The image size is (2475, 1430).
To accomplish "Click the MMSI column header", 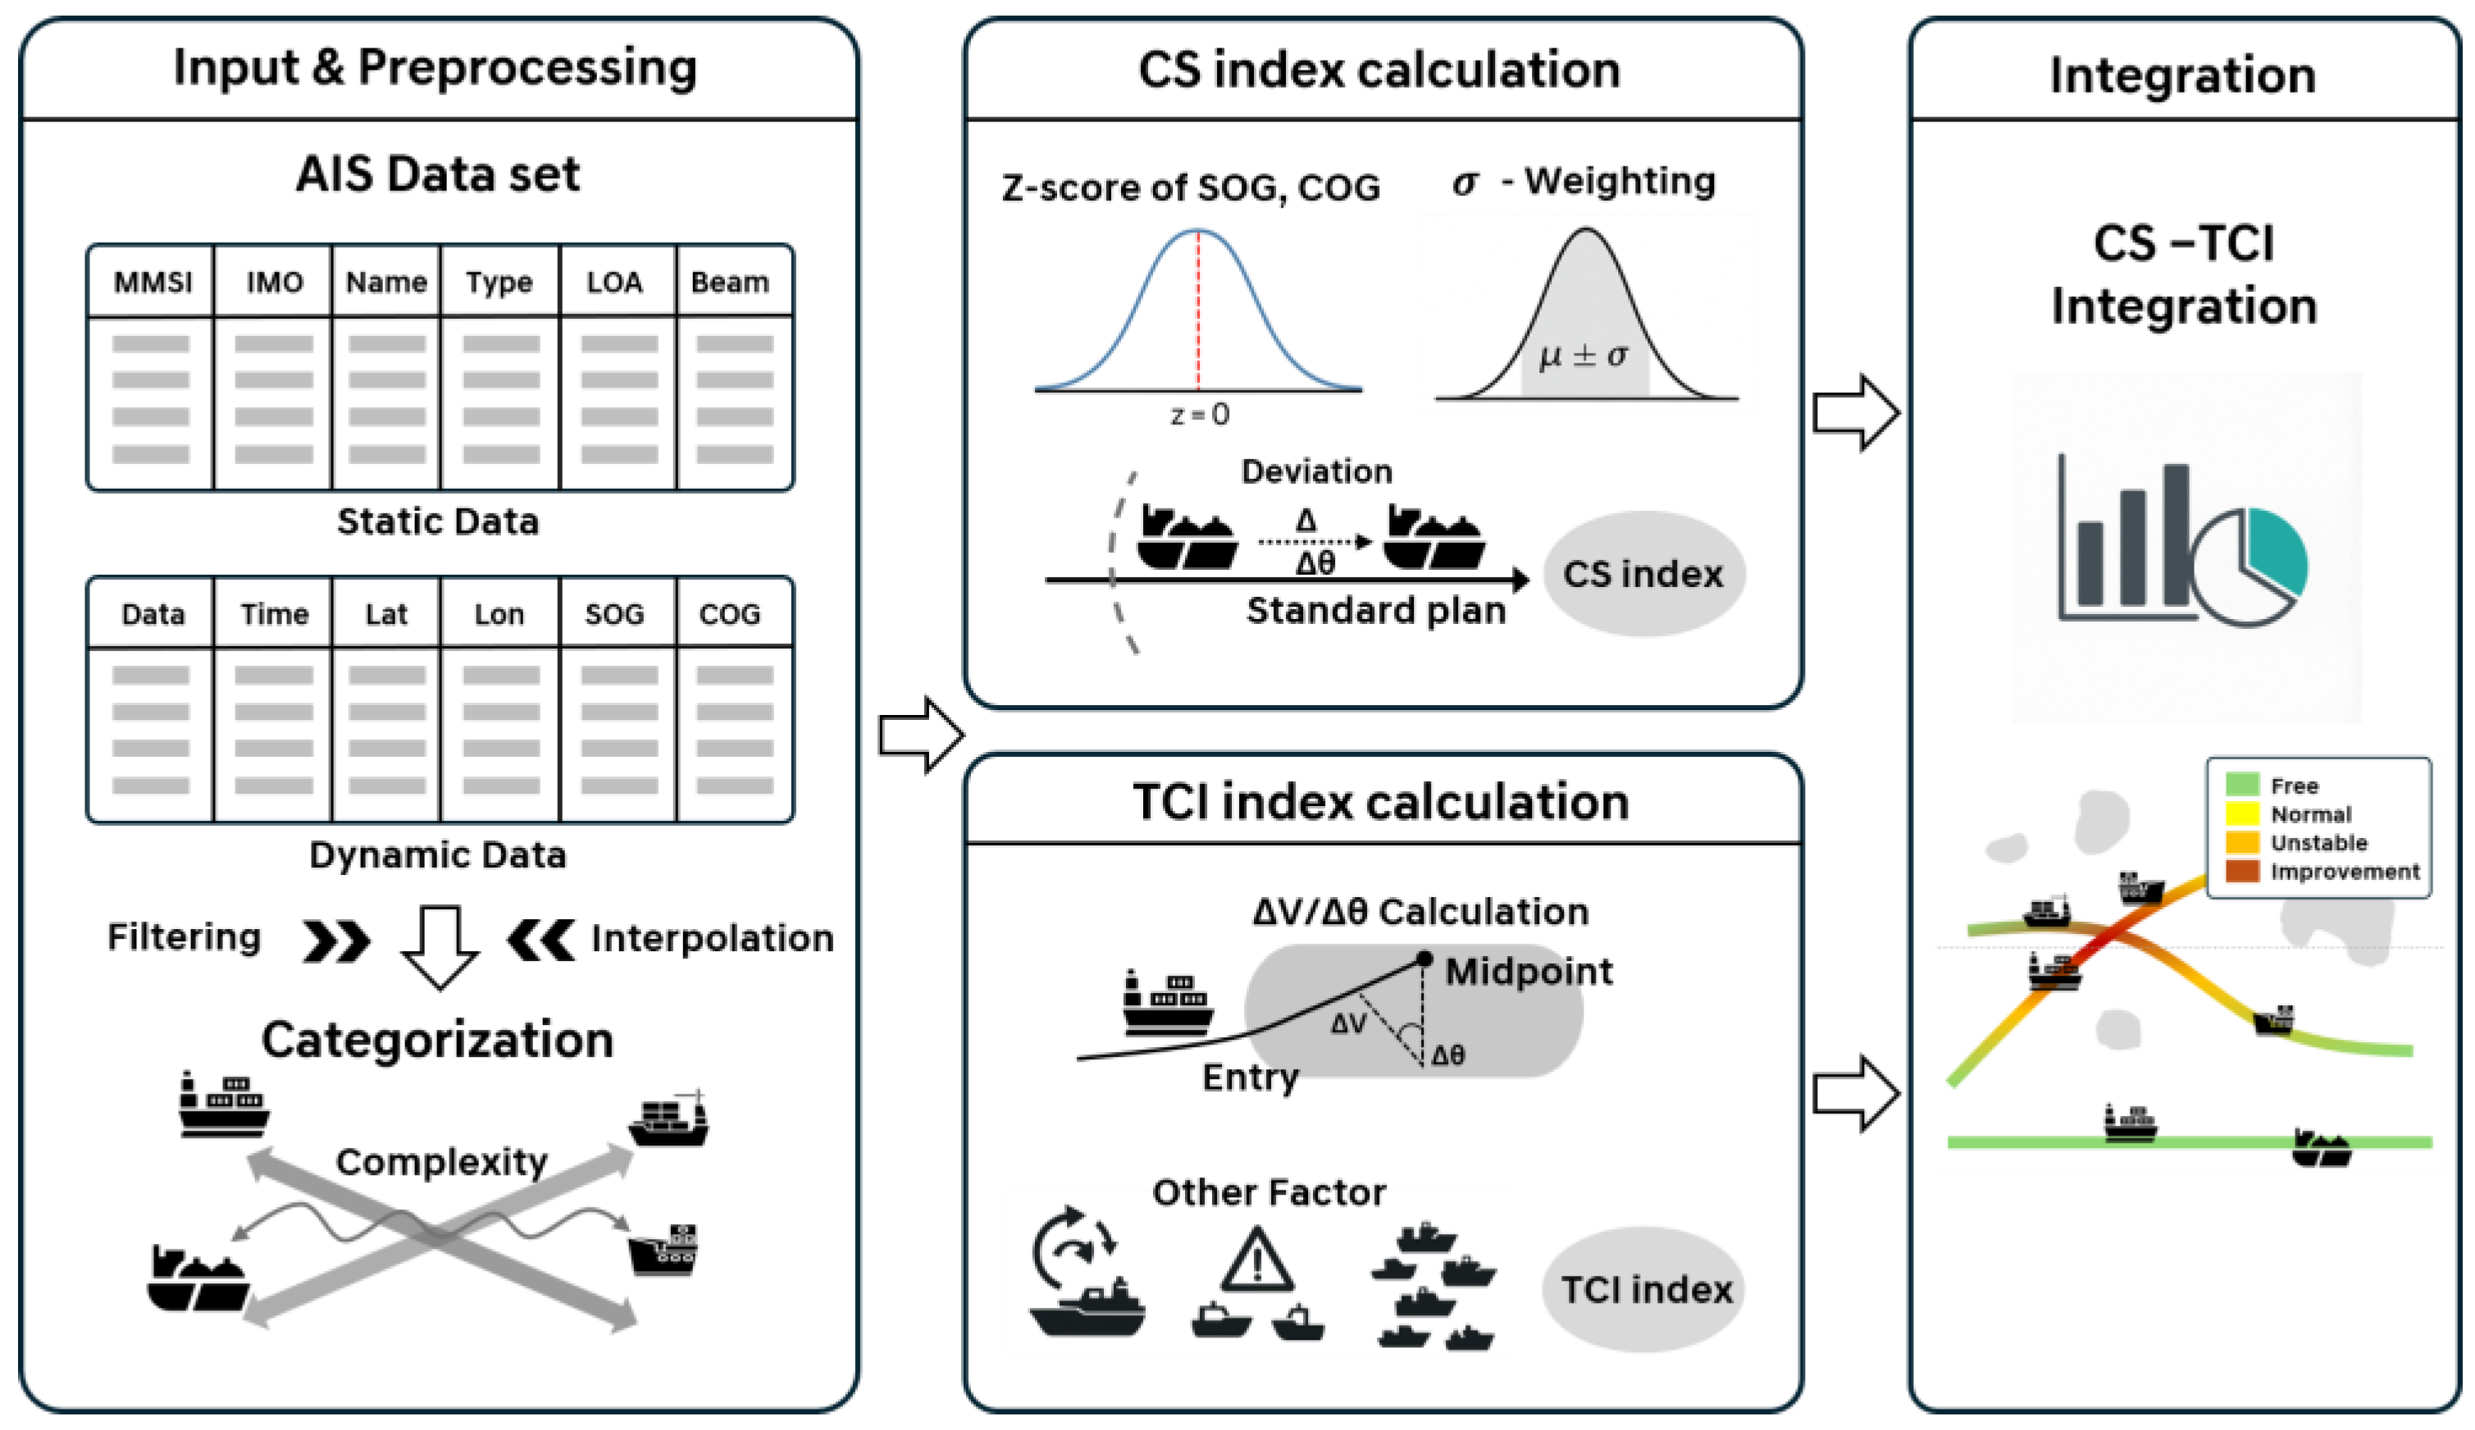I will [x=153, y=283].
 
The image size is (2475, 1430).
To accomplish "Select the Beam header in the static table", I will [x=730, y=283].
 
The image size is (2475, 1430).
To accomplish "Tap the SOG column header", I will [x=615, y=615].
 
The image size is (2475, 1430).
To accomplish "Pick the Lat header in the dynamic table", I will [x=386, y=615].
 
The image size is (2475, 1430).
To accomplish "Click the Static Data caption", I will [x=438, y=521].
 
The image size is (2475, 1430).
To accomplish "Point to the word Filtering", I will [x=185, y=937].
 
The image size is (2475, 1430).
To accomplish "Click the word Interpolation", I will [x=712, y=938].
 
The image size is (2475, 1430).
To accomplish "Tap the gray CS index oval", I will [x=1643, y=575].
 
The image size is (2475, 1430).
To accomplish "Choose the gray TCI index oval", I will [x=1646, y=1290].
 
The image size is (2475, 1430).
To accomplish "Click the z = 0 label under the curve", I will [x=1199, y=414].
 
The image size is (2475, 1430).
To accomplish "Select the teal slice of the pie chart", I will [x=2277, y=550].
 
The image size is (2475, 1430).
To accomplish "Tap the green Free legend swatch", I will [x=2242, y=785].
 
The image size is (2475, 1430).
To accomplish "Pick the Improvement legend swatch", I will [x=2242, y=871].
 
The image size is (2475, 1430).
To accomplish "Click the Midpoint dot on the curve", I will [x=1424, y=959].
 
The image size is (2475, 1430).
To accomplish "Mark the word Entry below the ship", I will [x=1251, y=1077].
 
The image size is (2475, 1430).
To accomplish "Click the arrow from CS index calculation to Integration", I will [x=1855, y=412].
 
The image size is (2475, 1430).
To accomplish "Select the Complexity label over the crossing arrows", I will [x=441, y=1162].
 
